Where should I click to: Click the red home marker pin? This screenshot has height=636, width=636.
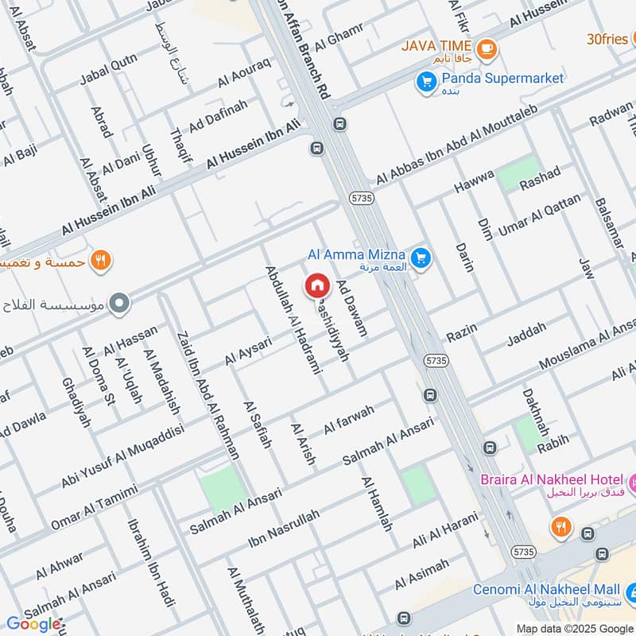[317, 285]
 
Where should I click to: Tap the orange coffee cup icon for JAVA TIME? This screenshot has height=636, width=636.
[487, 47]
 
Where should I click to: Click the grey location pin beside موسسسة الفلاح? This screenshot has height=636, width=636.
[120, 303]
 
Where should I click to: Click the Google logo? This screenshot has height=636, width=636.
[33, 623]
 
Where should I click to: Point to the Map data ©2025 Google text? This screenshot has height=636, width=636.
[574, 628]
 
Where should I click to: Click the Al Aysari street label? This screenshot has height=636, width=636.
[248, 351]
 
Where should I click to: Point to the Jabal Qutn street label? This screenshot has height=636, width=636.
[108, 70]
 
